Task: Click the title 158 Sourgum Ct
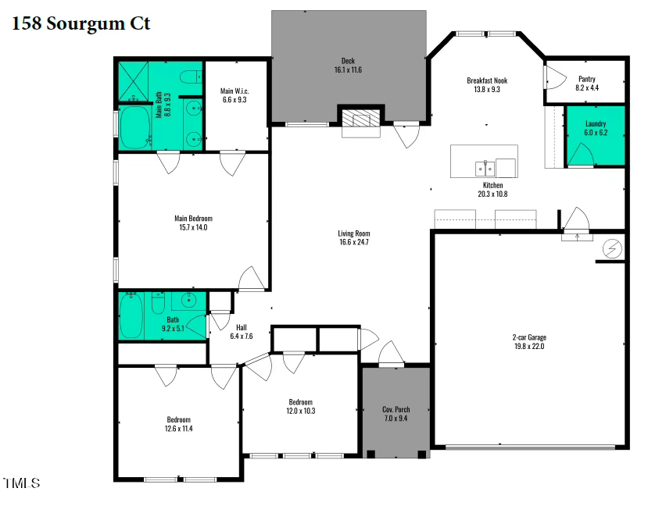81,24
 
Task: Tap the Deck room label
348,61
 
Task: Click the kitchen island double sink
485,167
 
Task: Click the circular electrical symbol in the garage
612,248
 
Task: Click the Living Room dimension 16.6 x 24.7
353,243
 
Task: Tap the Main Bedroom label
193,219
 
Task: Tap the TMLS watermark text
21,483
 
